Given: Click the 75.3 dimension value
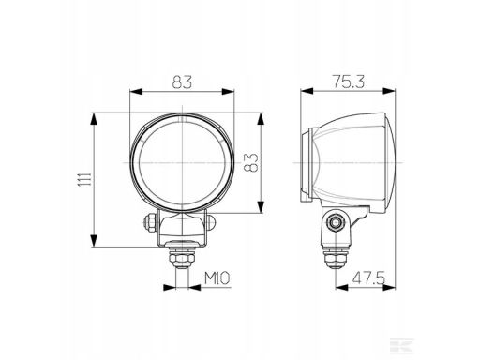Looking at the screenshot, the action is (348, 82).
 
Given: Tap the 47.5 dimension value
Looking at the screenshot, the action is (369, 278).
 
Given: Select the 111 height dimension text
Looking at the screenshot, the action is (84, 179).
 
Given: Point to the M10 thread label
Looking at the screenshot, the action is (217, 278).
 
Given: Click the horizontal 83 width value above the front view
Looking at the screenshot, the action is (182, 82).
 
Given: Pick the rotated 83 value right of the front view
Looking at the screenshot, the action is (251, 162).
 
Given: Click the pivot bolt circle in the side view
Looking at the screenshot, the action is (336, 222).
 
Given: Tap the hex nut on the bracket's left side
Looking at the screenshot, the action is (150, 222).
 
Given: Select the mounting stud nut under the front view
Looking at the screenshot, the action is (182, 258).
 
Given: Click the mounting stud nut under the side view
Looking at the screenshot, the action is (336, 258).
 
